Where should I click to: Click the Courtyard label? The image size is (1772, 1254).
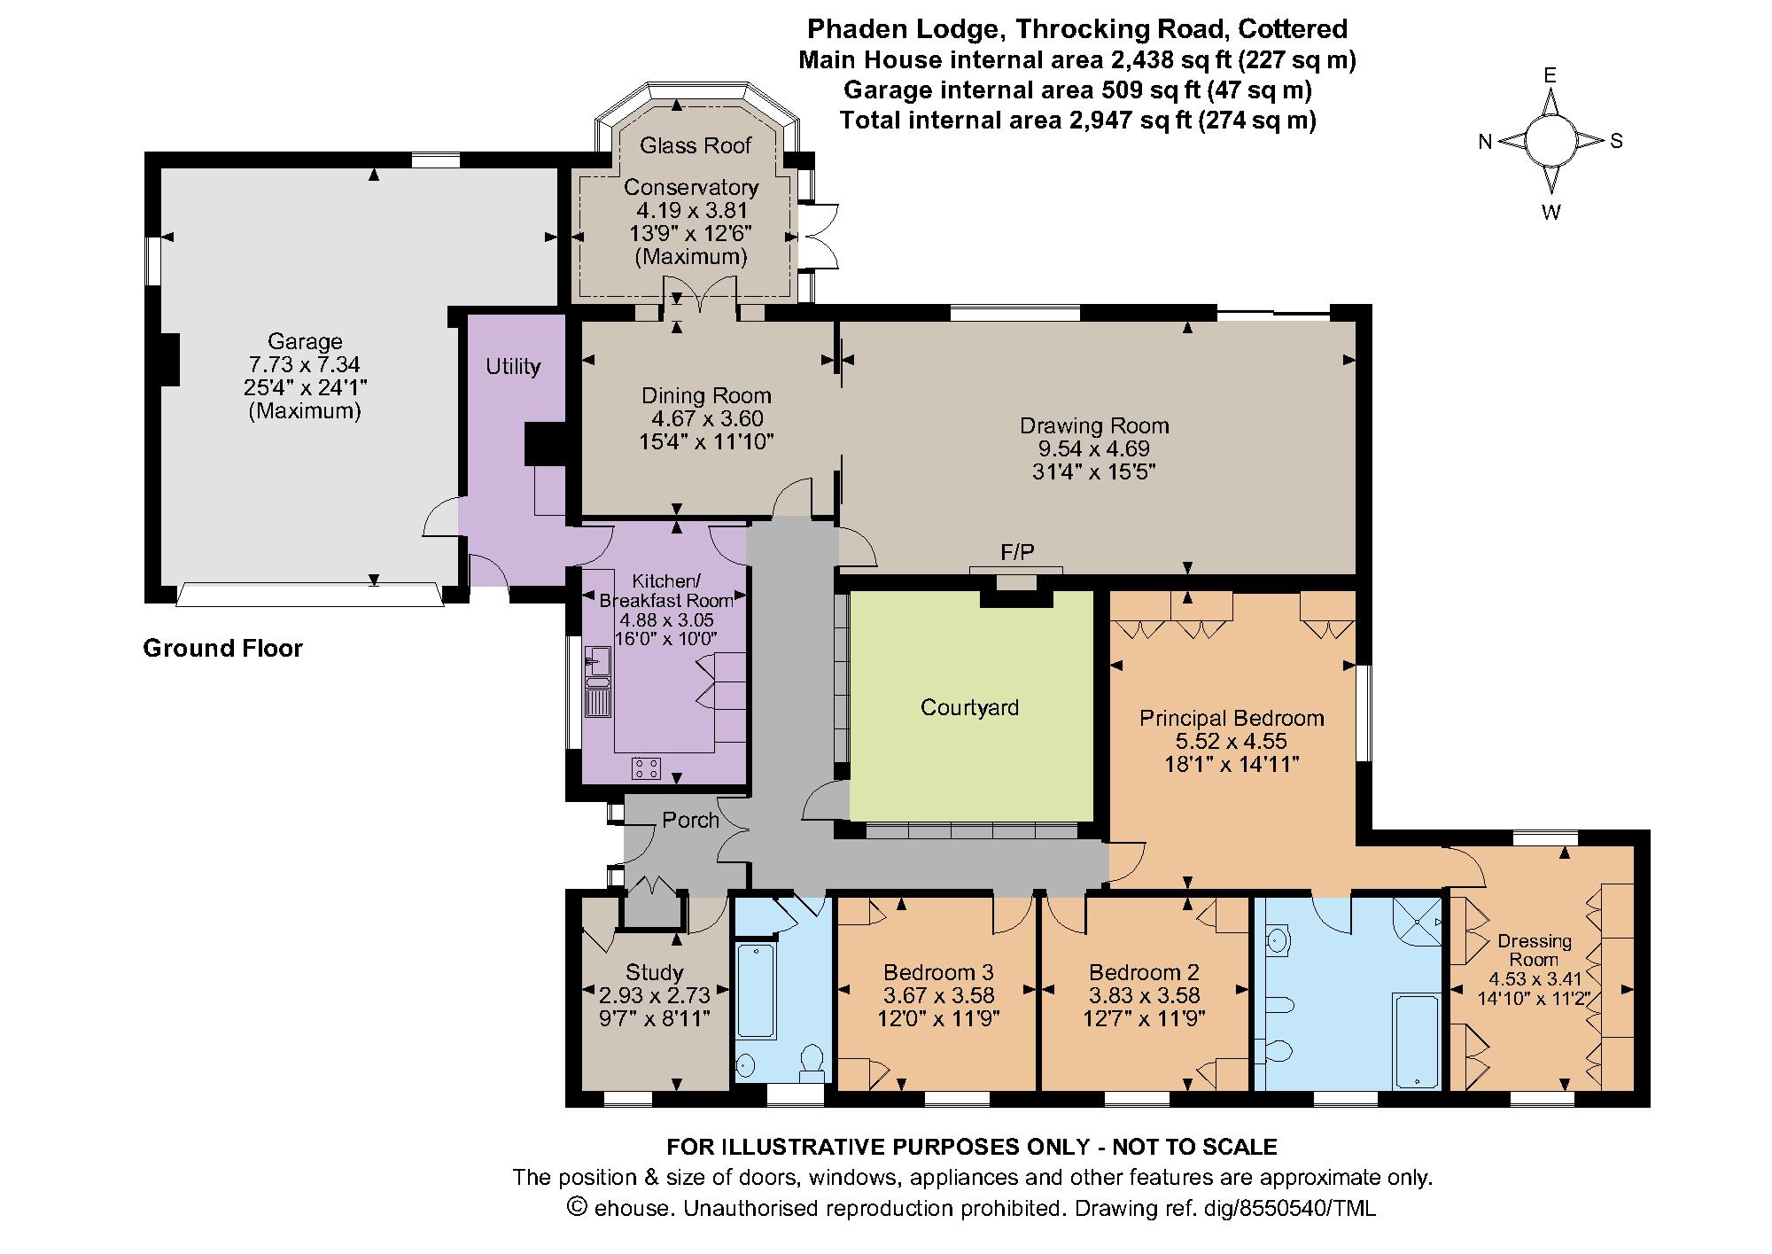pos(969,707)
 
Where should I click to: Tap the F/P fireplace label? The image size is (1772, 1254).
pos(1017,553)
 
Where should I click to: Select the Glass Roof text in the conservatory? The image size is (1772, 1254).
pos(696,145)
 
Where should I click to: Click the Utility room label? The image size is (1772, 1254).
pos(513,367)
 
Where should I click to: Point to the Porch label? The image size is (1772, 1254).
pos(690,820)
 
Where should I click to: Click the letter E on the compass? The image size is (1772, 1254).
pos(1550,76)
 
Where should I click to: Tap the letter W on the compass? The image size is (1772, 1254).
pos(1550,213)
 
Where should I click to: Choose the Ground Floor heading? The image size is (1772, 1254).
pos(223,649)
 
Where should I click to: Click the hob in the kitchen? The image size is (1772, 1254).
pos(646,768)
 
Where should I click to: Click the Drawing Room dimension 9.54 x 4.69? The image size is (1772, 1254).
pos(1094,448)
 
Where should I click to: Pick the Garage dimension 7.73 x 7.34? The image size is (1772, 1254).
pos(305,364)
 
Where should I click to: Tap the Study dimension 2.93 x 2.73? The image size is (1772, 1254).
pos(655,996)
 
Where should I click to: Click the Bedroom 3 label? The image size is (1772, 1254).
pos(939,972)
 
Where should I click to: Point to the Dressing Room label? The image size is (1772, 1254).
pos(1535,950)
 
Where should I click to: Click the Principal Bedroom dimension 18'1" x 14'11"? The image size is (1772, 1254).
pos(1232,764)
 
